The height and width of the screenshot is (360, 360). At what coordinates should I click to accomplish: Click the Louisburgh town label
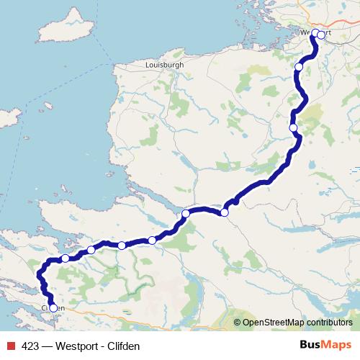[x=164, y=64]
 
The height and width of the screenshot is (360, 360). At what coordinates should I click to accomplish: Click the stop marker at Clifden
[x=53, y=308]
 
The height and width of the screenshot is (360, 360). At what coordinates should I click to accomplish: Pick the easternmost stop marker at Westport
[x=321, y=35]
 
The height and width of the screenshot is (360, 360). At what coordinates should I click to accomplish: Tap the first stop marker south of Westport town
[x=299, y=67]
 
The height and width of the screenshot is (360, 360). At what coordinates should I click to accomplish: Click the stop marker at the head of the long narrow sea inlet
[x=186, y=213]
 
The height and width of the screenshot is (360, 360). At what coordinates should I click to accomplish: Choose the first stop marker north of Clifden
[x=66, y=258]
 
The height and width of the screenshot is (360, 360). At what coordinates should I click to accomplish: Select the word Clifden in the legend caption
[x=125, y=346]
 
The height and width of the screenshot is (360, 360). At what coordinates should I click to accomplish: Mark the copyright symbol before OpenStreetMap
[x=237, y=323]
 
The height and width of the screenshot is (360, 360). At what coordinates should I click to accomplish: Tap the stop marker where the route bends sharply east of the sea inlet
[x=225, y=212]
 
